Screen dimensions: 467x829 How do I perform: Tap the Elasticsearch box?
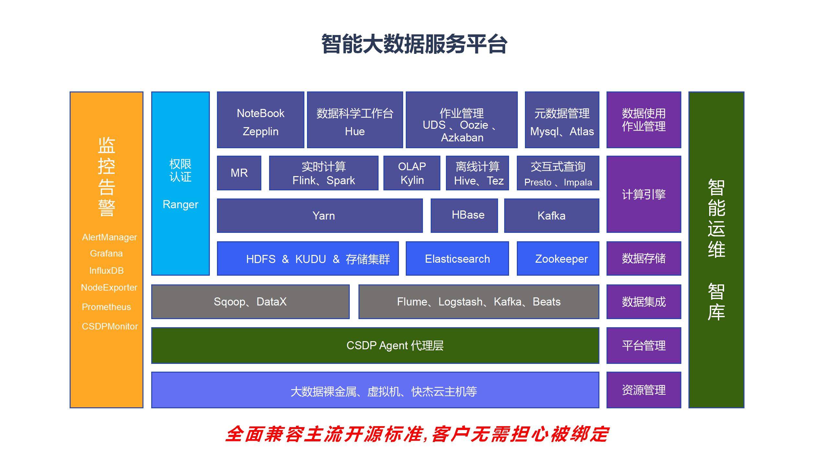point(457,259)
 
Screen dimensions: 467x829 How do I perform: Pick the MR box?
point(239,173)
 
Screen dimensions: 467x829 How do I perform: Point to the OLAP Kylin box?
point(412,173)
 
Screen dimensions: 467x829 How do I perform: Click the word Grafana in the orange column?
point(106,253)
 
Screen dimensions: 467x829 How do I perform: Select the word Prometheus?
point(106,307)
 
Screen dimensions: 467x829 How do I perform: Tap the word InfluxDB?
point(106,270)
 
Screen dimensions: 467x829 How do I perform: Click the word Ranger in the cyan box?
point(180,204)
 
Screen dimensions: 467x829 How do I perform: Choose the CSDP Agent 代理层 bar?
point(375,345)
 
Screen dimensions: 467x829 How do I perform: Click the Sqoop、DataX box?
point(250,302)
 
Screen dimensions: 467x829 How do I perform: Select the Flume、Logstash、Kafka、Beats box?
point(479,302)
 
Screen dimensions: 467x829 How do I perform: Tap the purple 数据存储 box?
point(643,258)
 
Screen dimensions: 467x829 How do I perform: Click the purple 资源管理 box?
point(643,390)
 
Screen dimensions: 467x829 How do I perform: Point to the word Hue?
point(355,131)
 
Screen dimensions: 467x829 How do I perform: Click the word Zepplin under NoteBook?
point(260,131)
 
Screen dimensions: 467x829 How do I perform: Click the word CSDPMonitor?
point(109,326)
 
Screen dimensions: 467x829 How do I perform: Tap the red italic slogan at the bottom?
point(417,434)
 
